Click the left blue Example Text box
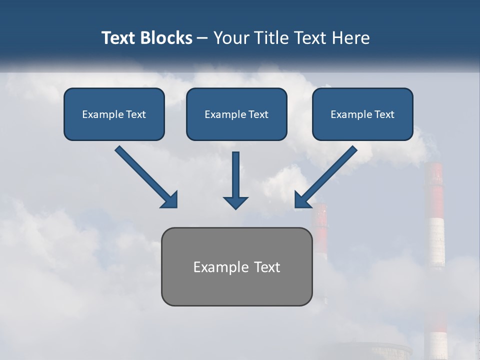pos(114,114)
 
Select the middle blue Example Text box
pos(236,114)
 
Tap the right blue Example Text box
pos(362,114)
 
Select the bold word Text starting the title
pos(119,38)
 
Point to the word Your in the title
pos(230,38)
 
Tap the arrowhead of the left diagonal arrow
pos(170,200)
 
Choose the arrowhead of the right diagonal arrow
pos(302,200)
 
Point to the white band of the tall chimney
pos(435,242)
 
